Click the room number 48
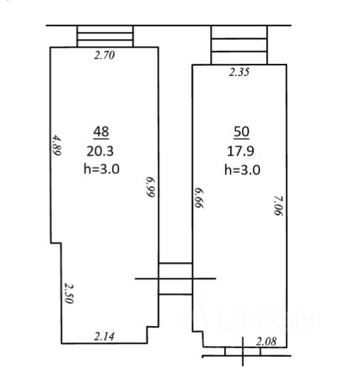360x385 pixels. pos(101,132)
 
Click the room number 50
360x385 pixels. pos(241,132)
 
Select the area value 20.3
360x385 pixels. pos(100,151)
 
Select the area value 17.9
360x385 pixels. pos(240,151)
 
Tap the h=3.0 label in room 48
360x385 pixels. pos(102,169)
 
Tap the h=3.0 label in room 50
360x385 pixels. pos(242,170)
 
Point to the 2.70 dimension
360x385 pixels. pos(104,55)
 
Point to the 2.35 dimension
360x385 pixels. pos(239,72)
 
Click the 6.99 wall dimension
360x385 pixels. pos(151,187)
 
